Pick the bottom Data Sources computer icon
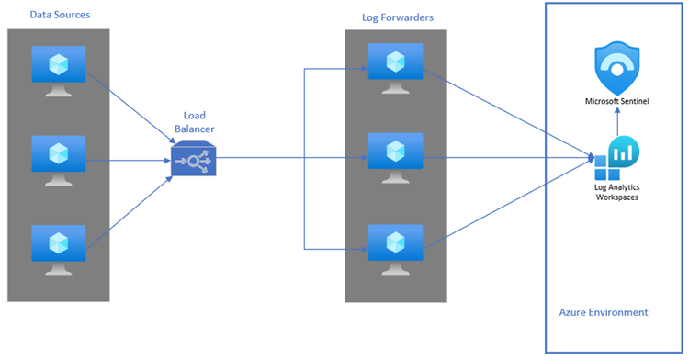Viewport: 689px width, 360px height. (58, 247)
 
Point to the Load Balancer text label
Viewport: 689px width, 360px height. (194, 123)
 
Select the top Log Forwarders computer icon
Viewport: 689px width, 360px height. (395, 68)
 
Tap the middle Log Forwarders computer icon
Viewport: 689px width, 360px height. (395, 156)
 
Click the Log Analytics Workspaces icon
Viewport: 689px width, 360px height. (616, 159)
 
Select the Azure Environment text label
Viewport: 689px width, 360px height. (603, 312)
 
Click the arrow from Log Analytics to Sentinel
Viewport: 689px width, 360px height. (617, 122)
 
